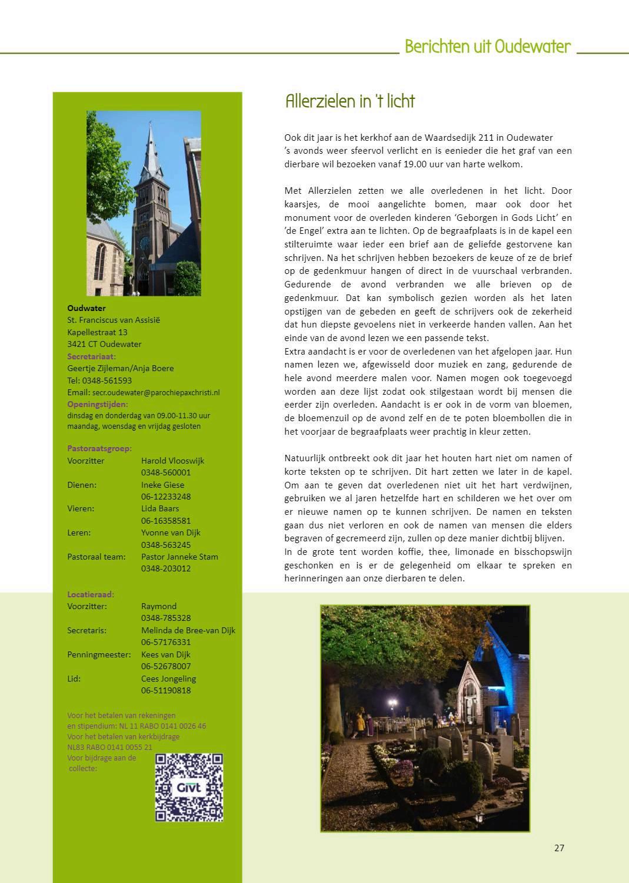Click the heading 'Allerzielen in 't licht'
350,101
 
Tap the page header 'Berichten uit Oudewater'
488,47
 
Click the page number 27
559,848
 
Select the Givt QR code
189,787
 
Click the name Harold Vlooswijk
172,461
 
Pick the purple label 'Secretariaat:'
92,356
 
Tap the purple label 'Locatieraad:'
91,594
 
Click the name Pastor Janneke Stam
179,557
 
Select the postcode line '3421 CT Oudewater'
104,344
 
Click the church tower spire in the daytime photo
151,144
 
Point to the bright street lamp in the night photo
392,702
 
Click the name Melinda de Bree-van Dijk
188,630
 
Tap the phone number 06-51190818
166,690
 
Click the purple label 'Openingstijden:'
97,404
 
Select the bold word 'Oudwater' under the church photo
86,308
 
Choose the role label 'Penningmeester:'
99,654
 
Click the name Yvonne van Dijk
171,533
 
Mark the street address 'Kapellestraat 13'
97,332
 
